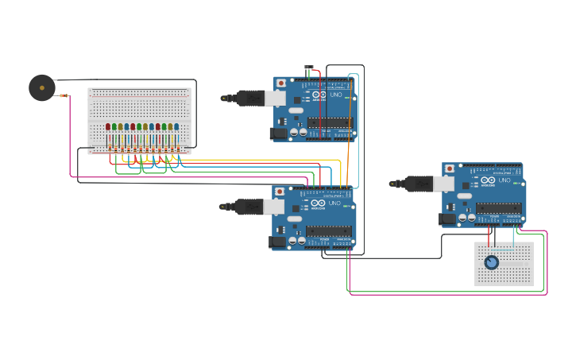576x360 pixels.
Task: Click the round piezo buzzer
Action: point(42,87)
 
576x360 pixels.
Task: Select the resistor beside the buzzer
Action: point(64,96)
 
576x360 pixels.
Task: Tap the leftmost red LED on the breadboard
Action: point(108,126)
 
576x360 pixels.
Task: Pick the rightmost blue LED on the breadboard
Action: point(176,126)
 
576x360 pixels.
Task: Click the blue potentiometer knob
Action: point(492,262)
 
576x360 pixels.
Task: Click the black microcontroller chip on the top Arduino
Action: point(330,122)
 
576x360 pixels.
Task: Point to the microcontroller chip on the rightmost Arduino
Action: point(499,208)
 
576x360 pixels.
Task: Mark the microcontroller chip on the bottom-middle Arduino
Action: point(329,231)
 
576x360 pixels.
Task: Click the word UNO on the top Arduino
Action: point(336,95)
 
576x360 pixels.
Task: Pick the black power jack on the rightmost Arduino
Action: point(447,219)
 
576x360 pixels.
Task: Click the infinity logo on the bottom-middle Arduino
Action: point(318,203)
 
